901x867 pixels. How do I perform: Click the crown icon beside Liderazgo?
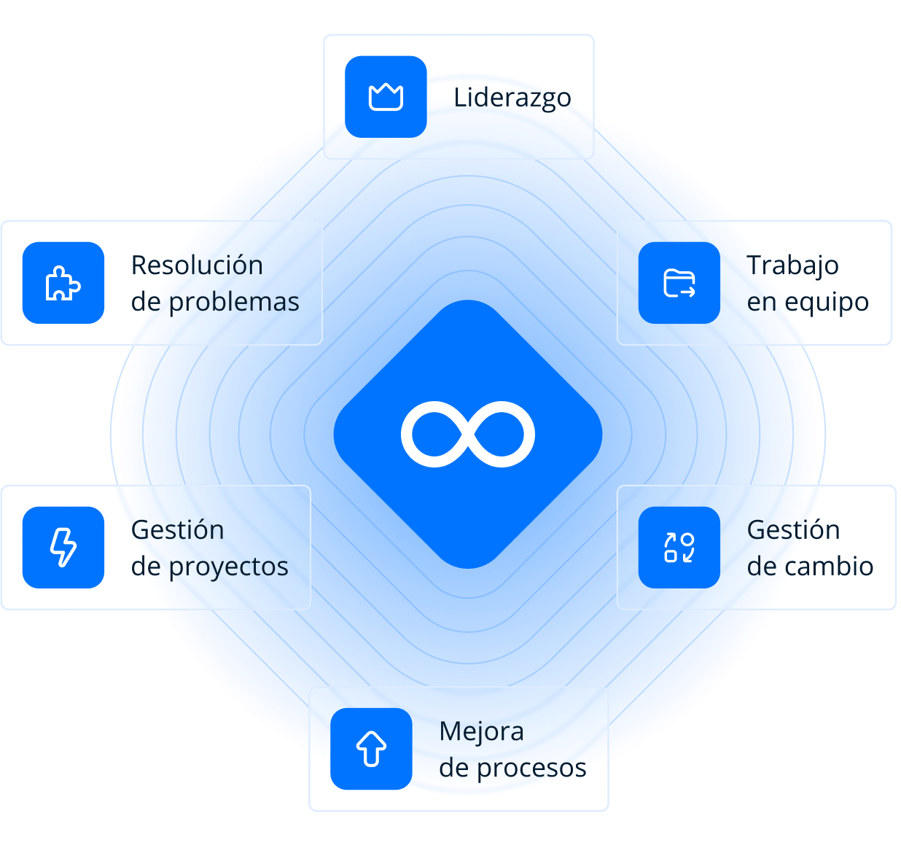pyautogui.click(x=386, y=97)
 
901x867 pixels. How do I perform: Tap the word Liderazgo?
pyautogui.click(x=512, y=98)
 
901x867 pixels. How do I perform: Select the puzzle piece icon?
pyautogui.click(x=63, y=283)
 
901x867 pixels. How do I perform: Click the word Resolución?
pyautogui.click(x=197, y=265)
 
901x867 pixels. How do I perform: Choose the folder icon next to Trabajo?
pyautogui.click(x=679, y=283)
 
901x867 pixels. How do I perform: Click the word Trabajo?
pyautogui.click(x=792, y=265)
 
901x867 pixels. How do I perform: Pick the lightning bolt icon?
pyautogui.click(x=63, y=548)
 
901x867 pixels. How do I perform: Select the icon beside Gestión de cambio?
pyautogui.click(x=679, y=548)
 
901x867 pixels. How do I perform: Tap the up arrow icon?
pyautogui.click(x=371, y=749)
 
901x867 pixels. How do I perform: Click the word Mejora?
pyautogui.click(x=481, y=731)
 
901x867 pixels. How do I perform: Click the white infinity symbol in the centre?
pyautogui.click(x=467, y=434)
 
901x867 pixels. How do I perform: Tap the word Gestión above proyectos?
pyautogui.click(x=177, y=530)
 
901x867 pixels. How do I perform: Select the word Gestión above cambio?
pyautogui.click(x=793, y=530)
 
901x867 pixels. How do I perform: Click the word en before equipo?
pyautogui.click(x=762, y=302)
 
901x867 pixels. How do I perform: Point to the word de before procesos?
pyautogui.click(x=454, y=768)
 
